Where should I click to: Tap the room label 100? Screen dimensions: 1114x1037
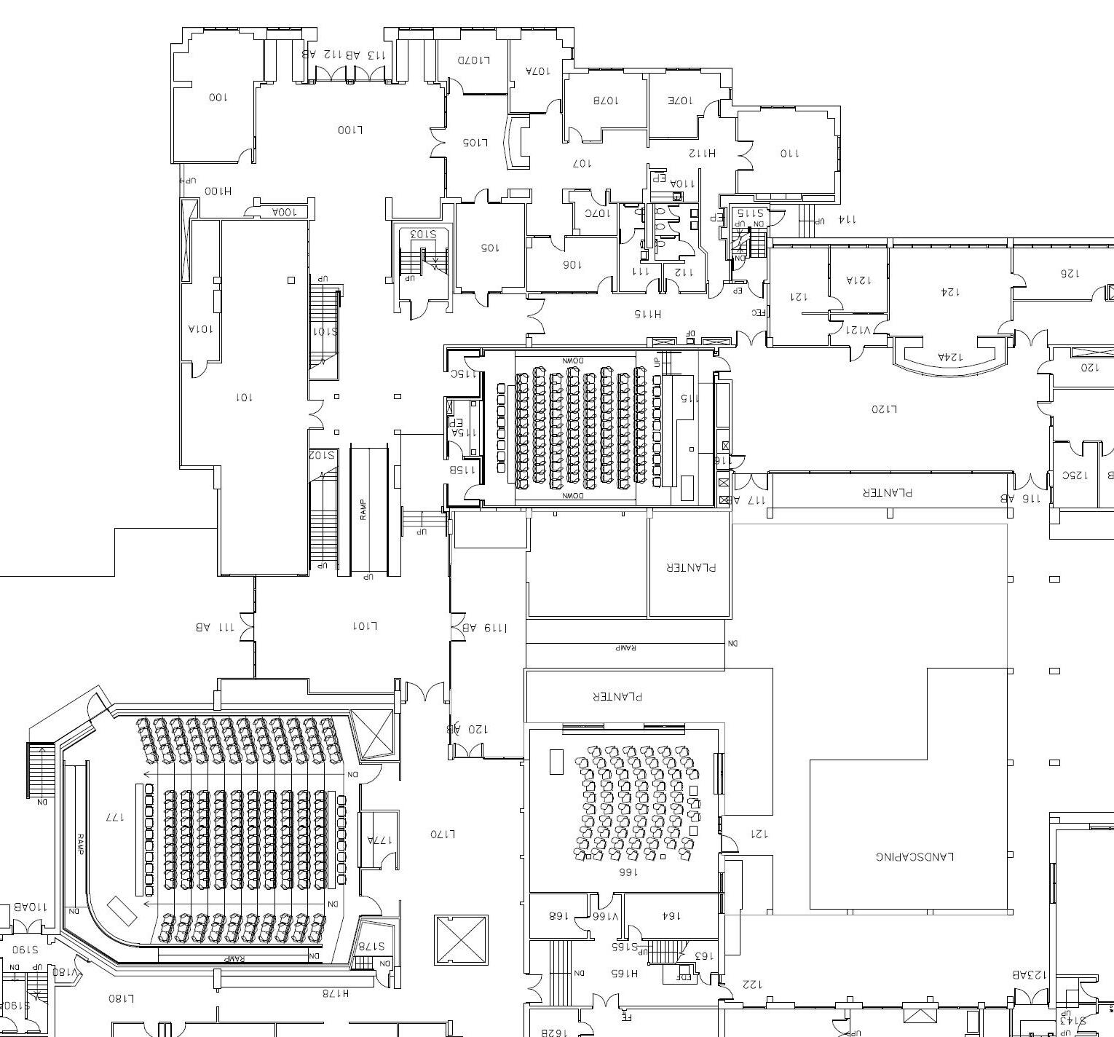click(218, 97)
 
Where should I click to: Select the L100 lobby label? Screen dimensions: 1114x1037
click(350, 130)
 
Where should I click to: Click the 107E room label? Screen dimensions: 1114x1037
click(681, 100)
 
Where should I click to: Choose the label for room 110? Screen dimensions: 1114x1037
click(789, 153)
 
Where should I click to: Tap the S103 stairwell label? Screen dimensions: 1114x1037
click(422, 234)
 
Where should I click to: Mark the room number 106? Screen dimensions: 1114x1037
click(572, 264)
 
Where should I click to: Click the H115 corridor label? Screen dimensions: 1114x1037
click(647, 314)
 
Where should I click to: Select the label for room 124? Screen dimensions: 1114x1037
click(949, 291)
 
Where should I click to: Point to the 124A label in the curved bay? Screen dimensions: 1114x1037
click(950, 357)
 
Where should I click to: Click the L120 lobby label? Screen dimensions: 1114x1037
click(884, 409)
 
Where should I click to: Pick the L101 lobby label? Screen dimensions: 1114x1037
click(365, 626)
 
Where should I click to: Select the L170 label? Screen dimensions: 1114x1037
click(443, 834)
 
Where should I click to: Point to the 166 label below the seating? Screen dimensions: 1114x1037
click(628, 871)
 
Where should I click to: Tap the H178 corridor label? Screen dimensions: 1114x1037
click(336, 992)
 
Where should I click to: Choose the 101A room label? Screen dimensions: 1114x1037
click(201, 328)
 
